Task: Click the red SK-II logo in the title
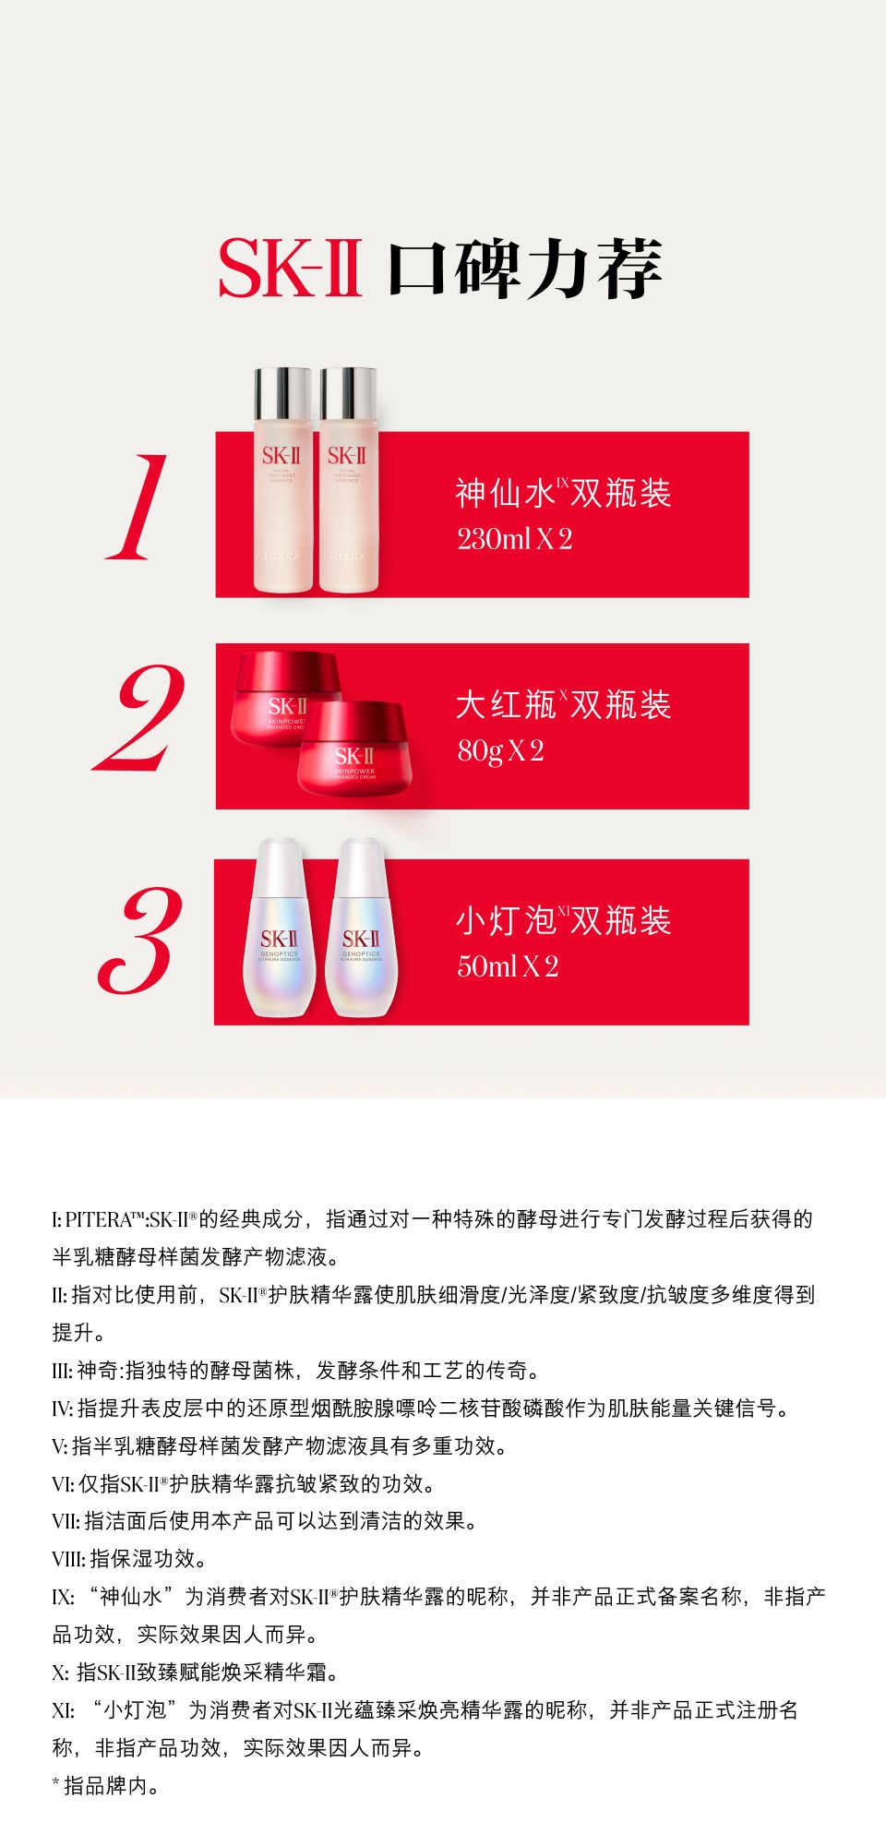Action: click(x=289, y=269)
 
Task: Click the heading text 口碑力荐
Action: click(x=525, y=269)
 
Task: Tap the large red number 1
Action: click(x=138, y=507)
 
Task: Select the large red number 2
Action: click(x=139, y=718)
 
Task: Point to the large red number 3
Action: click(x=139, y=941)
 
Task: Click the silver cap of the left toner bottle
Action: click(x=282, y=392)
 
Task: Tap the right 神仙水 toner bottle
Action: click(x=348, y=480)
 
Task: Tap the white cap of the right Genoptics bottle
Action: click(x=361, y=863)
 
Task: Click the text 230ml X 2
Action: click(x=515, y=539)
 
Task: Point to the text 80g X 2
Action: click(x=500, y=751)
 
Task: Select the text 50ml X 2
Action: click(x=508, y=966)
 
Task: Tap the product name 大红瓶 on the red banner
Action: click(x=506, y=705)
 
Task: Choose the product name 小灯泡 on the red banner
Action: click(x=506, y=921)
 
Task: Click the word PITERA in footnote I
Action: click(x=99, y=1220)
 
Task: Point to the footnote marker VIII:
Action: click(x=69, y=1560)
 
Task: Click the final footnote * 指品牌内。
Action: click(x=106, y=1786)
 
